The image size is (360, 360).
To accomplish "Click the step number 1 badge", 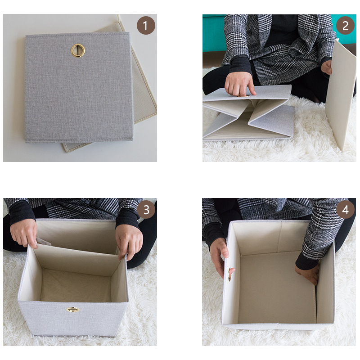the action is coord(146,26).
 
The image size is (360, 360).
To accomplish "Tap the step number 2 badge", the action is coord(345,26).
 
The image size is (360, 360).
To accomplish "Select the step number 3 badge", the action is coord(146,209).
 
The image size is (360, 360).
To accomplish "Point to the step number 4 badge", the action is coord(345,210).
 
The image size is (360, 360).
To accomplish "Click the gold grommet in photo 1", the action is coord(78,50).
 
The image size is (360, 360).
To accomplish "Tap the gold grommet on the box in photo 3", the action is coord(73,310).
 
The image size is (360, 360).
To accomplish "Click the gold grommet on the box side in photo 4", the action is coord(229,274).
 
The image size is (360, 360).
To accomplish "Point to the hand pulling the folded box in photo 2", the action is coord(240,84).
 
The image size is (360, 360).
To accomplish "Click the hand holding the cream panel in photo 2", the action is coord(327,67).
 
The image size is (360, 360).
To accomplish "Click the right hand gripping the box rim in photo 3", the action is coord(129,242).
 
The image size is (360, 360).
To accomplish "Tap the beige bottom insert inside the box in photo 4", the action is coord(277,288).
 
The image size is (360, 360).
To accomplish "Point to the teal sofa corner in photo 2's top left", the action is coord(212,33).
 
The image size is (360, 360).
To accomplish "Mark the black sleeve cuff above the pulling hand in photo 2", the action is coord(240,65).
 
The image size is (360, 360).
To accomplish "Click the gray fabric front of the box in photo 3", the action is coord(73,318).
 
